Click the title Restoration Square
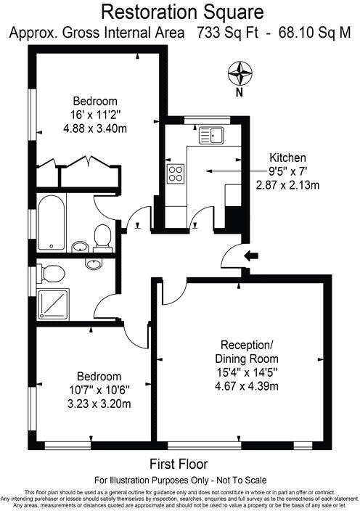(179, 12)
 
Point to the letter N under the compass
(238, 93)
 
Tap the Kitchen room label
(287, 158)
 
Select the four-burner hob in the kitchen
(176, 173)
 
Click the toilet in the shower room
(51, 273)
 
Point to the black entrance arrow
(252, 255)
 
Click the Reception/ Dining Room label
(246, 352)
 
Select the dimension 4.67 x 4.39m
(246, 385)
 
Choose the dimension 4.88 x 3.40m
(94, 129)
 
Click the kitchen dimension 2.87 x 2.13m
(287, 185)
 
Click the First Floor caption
(179, 464)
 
